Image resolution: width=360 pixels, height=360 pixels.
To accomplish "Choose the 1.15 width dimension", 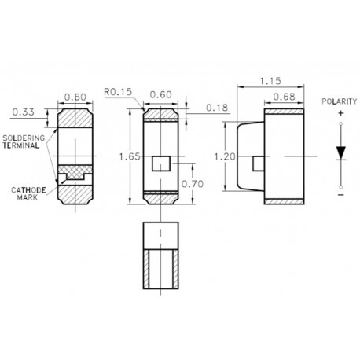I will (271, 81).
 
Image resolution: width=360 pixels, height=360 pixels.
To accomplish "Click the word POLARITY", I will (340, 102).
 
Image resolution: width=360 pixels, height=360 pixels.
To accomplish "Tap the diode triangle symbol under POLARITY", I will (340, 152).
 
